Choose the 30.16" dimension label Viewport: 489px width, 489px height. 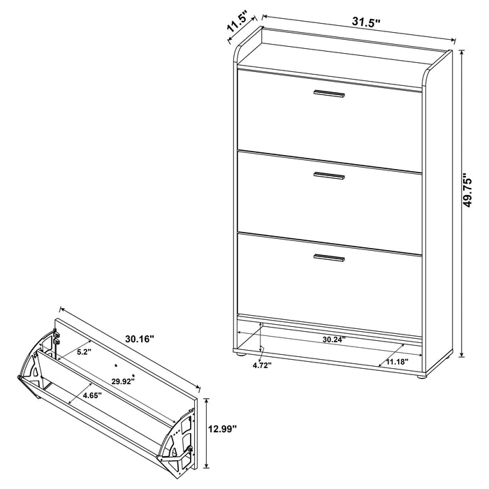pos(140,338)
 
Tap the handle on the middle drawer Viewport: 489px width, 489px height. pos(329,175)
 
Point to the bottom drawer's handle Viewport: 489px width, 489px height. pos(329,258)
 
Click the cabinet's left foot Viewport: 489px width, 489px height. pos(242,356)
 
